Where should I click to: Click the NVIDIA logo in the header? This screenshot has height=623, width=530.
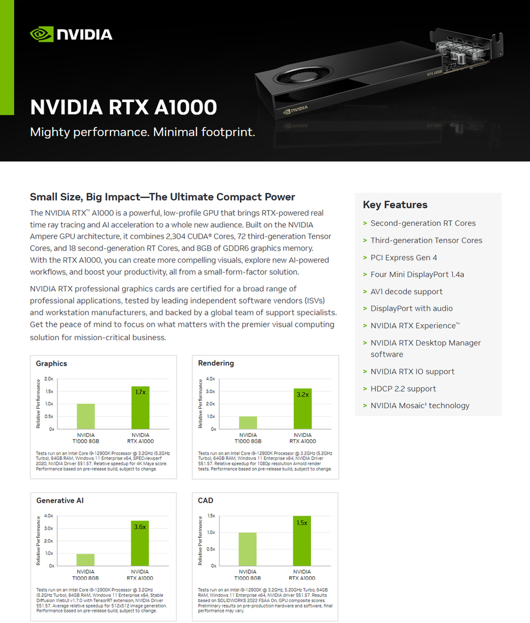click(71, 34)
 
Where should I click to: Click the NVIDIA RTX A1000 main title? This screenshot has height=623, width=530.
click(123, 107)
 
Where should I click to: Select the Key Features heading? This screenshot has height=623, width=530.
click(395, 205)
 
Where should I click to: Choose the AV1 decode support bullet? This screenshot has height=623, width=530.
click(406, 292)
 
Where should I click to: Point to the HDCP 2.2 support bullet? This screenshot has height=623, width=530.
click(403, 389)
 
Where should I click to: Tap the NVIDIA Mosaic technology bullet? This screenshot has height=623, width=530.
click(420, 405)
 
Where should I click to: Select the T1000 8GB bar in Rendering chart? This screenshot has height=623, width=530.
click(248, 423)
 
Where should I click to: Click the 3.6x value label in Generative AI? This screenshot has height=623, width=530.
click(140, 527)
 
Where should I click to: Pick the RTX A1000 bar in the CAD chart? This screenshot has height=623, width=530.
click(302, 541)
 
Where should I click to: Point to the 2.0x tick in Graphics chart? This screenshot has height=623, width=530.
click(49, 379)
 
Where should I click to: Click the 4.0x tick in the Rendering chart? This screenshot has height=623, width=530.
click(210, 379)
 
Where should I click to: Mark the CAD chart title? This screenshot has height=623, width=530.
click(205, 500)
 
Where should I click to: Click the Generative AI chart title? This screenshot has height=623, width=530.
click(60, 500)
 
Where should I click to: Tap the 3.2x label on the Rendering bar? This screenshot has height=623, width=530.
click(303, 394)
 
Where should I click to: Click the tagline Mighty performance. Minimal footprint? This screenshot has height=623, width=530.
click(142, 133)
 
